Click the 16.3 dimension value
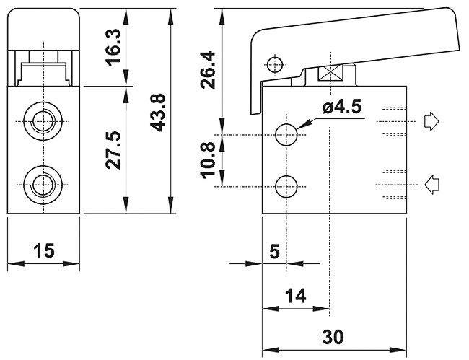112,48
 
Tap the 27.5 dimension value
112,150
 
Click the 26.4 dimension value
209,69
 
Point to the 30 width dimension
333,337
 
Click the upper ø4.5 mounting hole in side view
286,134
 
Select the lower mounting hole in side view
286,186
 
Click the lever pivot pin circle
273,65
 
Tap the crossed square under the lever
330,74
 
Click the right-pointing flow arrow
431,122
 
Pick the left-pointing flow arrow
431,185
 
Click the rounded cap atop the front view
44,27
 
